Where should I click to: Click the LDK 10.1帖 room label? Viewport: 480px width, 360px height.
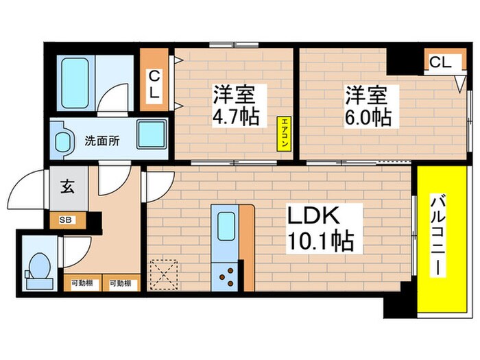[315, 229]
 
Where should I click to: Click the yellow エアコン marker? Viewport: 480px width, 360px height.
[283, 133]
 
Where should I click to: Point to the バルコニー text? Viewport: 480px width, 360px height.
[437, 236]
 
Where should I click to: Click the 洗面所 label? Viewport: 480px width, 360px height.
[101, 141]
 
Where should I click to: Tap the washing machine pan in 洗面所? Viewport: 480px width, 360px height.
[152, 134]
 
